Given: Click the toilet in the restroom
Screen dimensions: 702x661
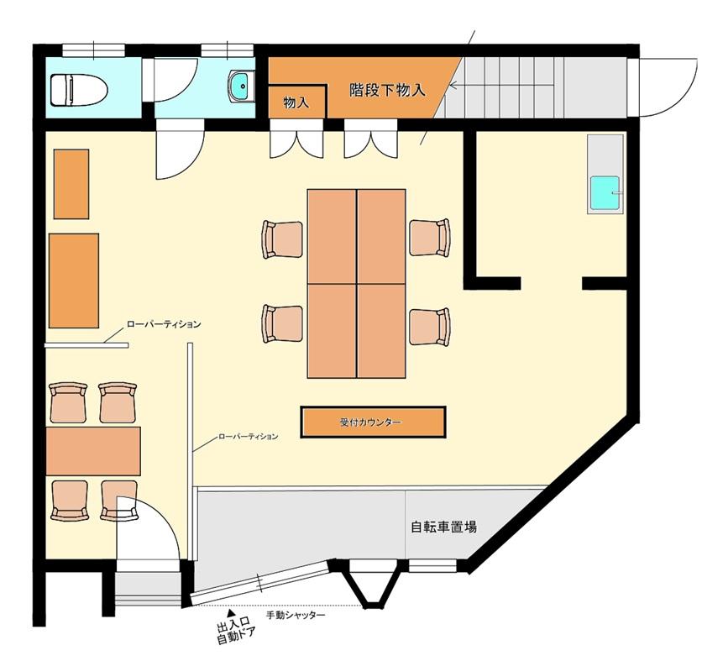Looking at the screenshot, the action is pyautogui.click(x=79, y=90).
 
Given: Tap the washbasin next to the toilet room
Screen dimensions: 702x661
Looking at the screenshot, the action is pyautogui.click(x=241, y=86).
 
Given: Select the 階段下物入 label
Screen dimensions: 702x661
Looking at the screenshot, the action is pyautogui.click(x=387, y=91).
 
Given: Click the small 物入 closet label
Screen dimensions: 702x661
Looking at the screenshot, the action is pyautogui.click(x=296, y=103).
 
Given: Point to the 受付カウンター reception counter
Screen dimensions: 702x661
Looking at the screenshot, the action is pyautogui.click(x=373, y=422).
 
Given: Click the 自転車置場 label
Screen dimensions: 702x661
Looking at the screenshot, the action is pyautogui.click(x=443, y=527).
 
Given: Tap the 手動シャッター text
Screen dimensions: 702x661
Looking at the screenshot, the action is pyautogui.click(x=296, y=616).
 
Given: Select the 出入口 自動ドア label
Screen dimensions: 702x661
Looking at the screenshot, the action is pyautogui.click(x=235, y=634).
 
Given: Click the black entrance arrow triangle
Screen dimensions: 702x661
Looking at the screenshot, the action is pyautogui.click(x=231, y=613).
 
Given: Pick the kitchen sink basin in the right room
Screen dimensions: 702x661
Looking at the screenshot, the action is pyautogui.click(x=605, y=193).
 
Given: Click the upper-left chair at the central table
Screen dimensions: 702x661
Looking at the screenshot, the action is pyautogui.click(x=283, y=239).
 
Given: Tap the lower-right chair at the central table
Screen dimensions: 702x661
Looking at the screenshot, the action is pyautogui.click(x=430, y=327).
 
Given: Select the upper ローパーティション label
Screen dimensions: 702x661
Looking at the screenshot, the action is pyautogui.click(x=164, y=324).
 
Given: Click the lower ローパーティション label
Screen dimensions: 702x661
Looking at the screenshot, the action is pyautogui.click(x=248, y=436).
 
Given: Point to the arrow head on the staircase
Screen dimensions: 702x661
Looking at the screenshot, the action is pyautogui.click(x=453, y=85).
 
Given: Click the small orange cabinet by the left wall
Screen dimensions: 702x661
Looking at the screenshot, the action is pyautogui.click(x=71, y=184).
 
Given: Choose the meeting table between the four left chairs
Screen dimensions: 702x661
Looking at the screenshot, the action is pyautogui.click(x=93, y=451).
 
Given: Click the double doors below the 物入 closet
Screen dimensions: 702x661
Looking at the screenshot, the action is pyautogui.click(x=296, y=139).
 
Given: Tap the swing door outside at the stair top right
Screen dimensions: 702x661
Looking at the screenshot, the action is pyautogui.click(x=667, y=87).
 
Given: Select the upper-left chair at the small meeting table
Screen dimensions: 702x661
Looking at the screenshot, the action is pyautogui.click(x=69, y=402).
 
